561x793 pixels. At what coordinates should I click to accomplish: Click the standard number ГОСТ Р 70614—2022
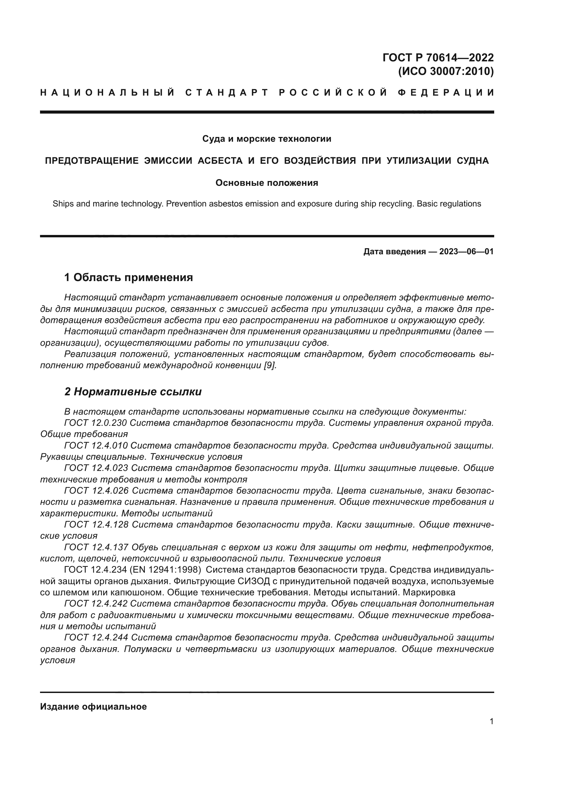tap(438, 57)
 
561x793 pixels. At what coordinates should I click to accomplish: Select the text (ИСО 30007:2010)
tap(446, 72)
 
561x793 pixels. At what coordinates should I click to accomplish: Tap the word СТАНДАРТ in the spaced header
tap(227, 93)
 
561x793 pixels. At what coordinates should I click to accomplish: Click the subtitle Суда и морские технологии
tap(267, 139)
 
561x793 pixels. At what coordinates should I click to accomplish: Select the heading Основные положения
tap(267, 183)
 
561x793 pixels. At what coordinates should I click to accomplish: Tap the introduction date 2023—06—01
tap(466, 252)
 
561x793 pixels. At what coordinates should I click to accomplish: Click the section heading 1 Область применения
tap(129, 277)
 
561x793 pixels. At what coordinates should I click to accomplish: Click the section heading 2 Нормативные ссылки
tap(133, 392)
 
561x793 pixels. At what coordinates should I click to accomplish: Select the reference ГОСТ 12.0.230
tap(96, 423)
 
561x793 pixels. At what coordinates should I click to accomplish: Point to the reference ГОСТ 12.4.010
tap(96, 445)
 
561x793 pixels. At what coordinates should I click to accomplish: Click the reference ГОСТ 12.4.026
tap(96, 491)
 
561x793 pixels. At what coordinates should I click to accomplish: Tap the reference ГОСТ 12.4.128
tap(96, 524)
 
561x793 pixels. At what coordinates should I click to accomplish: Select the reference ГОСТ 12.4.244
tap(96, 637)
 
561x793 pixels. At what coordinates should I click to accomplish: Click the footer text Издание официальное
tap(93, 707)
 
